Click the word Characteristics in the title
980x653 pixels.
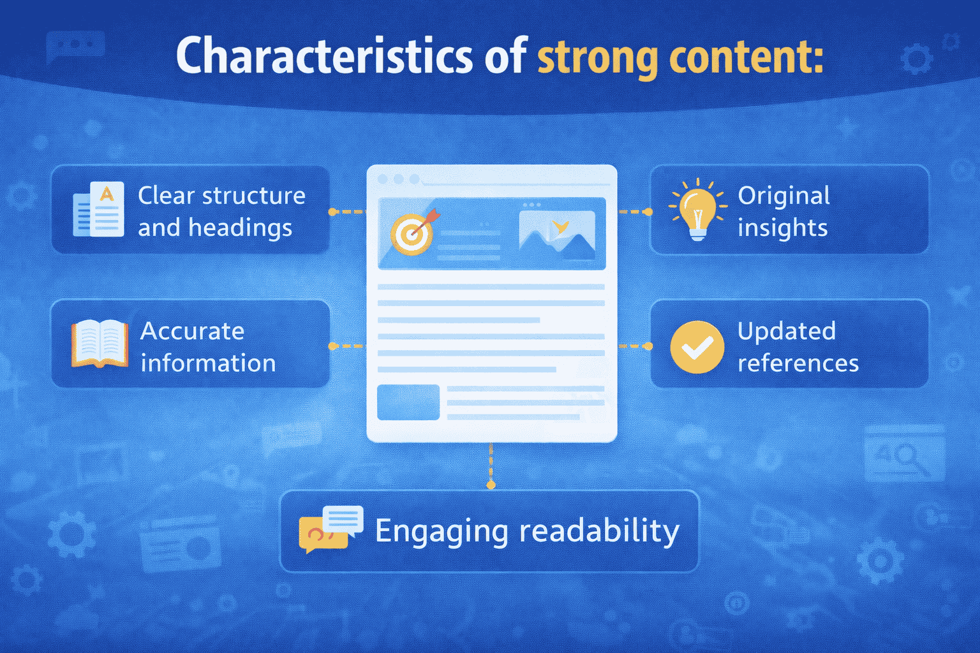tap(324, 56)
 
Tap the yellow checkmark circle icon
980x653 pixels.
tap(697, 347)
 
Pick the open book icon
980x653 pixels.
tap(100, 344)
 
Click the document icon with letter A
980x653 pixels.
tap(100, 210)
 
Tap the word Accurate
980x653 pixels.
tap(192, 331)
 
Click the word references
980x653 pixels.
tap(798, 363)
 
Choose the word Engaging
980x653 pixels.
tap(441, 531)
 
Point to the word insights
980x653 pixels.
tap(782, 228)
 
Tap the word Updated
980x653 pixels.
tap(786, 331)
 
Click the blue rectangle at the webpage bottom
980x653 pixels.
tap(408, 402)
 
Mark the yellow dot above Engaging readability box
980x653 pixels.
tap(491, 485)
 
